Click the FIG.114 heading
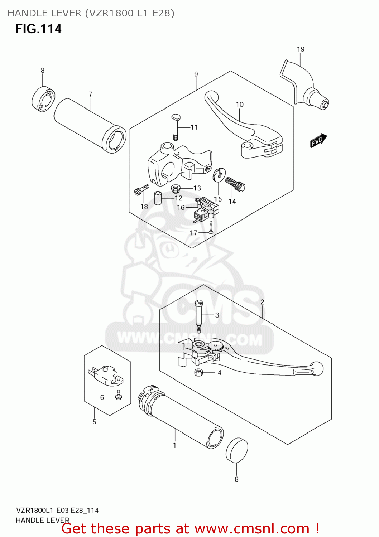coord(38,29)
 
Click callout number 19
coord(301,49)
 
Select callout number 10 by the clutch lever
coord(240,105)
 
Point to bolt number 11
coord(176,127)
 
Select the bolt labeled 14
coord(235,184)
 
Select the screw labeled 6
coord(119,395)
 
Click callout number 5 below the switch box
coord(94,422)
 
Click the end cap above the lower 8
coord(237,450)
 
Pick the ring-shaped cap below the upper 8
coord(43,98)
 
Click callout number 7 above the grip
coord(90,94)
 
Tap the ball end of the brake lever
coord(317,369)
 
